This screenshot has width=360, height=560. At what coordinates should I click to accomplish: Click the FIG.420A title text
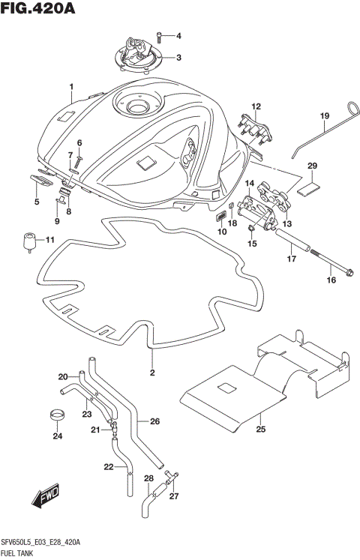37,9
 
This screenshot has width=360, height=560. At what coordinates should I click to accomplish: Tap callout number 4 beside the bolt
178,35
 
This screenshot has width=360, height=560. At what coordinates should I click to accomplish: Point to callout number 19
325,115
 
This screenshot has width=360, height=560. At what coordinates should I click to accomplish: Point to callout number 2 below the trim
151,373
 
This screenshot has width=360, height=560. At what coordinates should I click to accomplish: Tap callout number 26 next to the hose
155,421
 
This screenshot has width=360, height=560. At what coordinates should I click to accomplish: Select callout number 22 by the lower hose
108,467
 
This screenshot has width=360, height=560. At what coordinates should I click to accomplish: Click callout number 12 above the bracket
255,106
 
